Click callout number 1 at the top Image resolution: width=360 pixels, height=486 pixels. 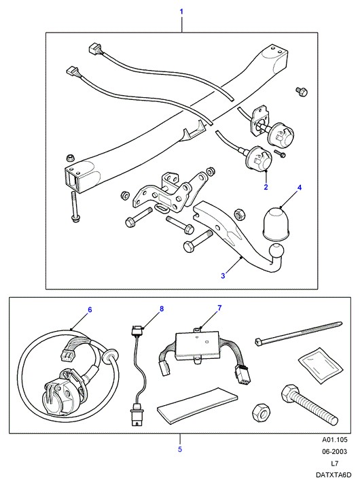pyautogui.click(x=181, y=12)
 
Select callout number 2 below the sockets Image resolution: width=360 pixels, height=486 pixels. pyautogui.click(x=266, y=187)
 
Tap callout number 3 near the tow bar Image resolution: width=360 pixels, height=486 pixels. pyautogui.click(x=223, y=275)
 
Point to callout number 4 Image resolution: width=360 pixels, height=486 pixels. pyautogui.click(x=300, y=188)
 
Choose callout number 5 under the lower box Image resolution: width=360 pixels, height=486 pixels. pyautogui.click(x=180, y=449)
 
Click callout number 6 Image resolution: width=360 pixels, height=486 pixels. pyautogui.click(x=90, y=310)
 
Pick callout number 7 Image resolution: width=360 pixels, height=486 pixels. pyautogui.click(x=219, y=308)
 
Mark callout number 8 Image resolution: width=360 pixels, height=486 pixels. pyautogui.click(x=162, y=309)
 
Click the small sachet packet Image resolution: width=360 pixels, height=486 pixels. pyautogui.click(x=321, y=363)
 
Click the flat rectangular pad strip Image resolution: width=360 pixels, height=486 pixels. pyautogui.click(x=198, y=402)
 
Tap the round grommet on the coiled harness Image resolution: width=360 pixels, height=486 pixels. pyautogui.click(x=109, y=356)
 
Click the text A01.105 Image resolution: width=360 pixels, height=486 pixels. pyautogui.click(x=335, y=440)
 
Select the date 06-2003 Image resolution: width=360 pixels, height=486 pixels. pyautogui.click(x=335, y=451)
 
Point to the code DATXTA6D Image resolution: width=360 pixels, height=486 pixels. pyautogui.click(x=334, y=475)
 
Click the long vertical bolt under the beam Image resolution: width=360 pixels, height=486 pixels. pyautogui.click(x=74, y=207)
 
